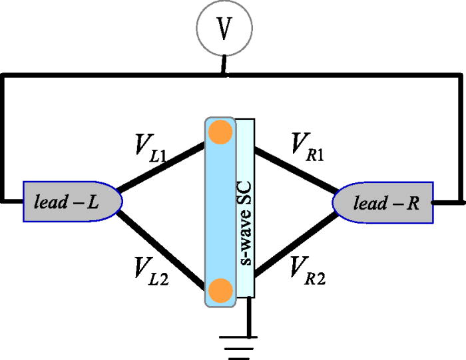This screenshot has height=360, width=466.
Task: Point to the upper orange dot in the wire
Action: tap(220, 132)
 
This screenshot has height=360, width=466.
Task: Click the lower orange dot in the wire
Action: tap(220, 290)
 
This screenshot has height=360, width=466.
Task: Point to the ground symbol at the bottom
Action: tap(239, 345)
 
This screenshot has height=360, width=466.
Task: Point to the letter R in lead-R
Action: tap(413, 202)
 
